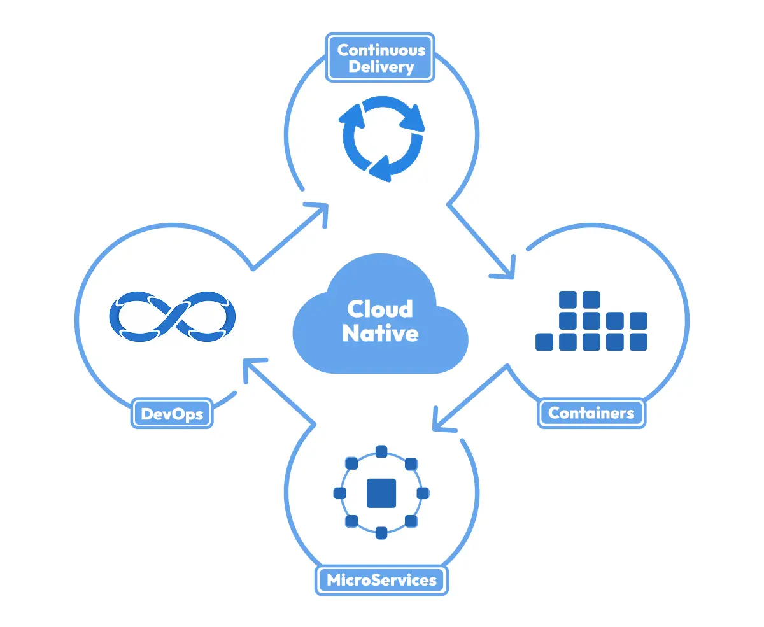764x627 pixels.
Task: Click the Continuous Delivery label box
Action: pyautogui.click(x=381, y=58)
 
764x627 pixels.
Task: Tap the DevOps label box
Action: pyautogui.click(x=172, y=414)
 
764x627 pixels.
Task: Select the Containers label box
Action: pyautogui.click(x=591, y=413)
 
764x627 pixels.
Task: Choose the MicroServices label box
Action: pyautogui.click(x=381, y=580)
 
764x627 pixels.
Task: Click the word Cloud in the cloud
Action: pyautogui.click(x=380, y=309)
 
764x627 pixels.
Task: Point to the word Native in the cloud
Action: pyautogui.click(x=380, y=333)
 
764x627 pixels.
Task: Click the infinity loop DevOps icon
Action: pyautogui.click(x=173, y=314)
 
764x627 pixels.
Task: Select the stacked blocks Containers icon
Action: pyautogui.click(x=591, y=321)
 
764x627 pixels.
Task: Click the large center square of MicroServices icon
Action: pyautogui.click(x=381, y=493)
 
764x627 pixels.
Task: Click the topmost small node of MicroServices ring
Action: pyautogui.click(x=381, y=452)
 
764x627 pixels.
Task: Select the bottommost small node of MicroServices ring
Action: pyautogui.click(x=381, y=533)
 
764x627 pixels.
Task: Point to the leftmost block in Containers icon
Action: pyautogui.click(x=544, y=342)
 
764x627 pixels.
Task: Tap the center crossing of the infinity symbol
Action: pyautogui.click(x=173, y=314)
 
